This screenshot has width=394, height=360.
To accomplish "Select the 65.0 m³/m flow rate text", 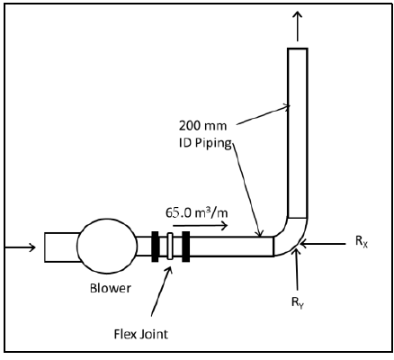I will pyautogui.click(x=193, y=213).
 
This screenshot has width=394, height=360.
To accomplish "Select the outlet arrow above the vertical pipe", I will pyautogui.click(x=297, y=22).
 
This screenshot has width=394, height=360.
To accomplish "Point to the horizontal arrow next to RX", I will pyautogui.click(x=328, y=243).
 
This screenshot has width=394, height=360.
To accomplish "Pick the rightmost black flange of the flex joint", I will pyautogui.click(x=185, y=246).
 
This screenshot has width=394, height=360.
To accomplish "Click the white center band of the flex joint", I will pyautogui.click(x=170, y=246).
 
